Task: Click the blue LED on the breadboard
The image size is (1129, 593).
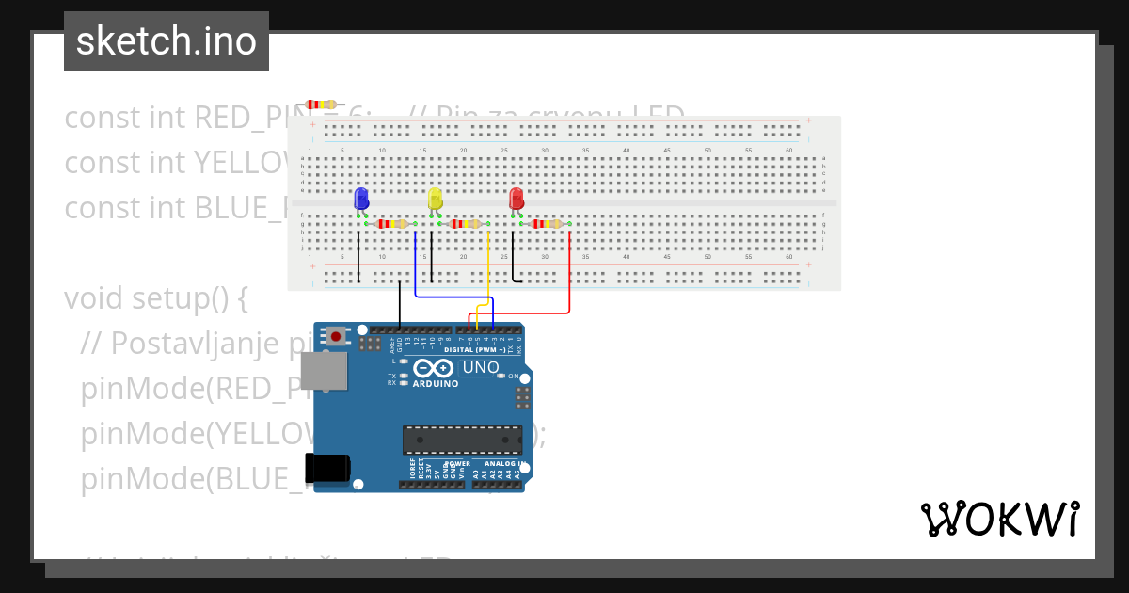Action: (x=361, y=199)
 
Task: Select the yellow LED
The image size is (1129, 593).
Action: (x=435, y=199)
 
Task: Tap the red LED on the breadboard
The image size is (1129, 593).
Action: (x=516, y=199)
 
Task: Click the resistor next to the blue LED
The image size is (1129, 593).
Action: (x=392, y=224)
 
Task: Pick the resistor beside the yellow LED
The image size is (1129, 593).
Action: (x=466, y=224)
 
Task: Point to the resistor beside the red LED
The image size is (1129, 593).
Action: (x=547, y=224)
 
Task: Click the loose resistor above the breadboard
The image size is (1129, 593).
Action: (x=320, y=104)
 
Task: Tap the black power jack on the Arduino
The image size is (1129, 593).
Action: (x=326, y=467)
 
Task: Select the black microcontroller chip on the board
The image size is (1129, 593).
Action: (x=462, y=440)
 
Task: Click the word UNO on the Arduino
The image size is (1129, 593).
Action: (x=480, y=367)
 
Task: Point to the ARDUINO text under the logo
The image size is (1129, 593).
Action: (x=435, y=384)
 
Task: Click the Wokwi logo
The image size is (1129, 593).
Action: (x=1000, y=519)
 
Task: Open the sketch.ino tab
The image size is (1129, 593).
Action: (x=167, y=41)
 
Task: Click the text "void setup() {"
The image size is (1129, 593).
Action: (x=155, y=297)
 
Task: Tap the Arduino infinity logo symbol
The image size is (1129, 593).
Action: (x=434, y=368)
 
